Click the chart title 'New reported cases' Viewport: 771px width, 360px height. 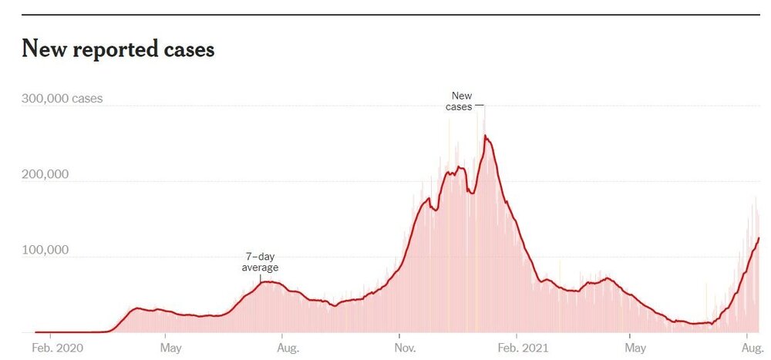click(118, 49)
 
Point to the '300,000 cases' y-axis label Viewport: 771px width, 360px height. click(62, 99)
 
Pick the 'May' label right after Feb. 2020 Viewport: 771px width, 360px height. click(170, 348)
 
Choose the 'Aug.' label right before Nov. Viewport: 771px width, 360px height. click(288, 348)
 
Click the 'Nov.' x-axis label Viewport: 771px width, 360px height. click(405, 348)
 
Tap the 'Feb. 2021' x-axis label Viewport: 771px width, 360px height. click(524, 348)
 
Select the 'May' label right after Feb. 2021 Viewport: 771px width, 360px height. click(635, 348)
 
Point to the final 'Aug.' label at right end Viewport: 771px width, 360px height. click(752, 348)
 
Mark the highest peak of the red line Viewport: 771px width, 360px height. click(486, 136)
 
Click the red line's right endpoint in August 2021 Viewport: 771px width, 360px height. click(759, 238)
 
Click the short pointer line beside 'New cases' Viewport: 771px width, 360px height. click(479, 104)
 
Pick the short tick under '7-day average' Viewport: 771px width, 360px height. click(261, 278)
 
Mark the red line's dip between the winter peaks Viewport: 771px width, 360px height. click(471, 191)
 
